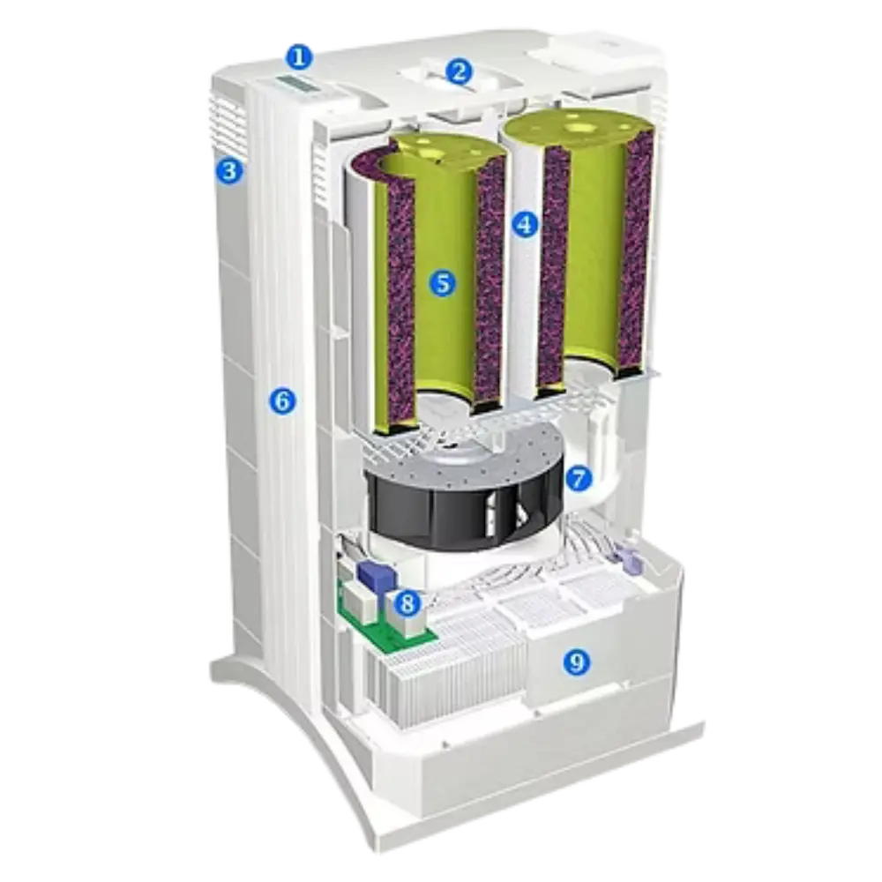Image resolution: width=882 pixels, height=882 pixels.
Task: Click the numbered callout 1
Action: point(299,56)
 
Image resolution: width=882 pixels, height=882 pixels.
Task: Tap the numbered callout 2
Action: point(460,71)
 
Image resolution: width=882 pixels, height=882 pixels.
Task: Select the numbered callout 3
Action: point(229,170)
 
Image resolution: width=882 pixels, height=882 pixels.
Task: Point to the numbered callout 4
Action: point(525,225)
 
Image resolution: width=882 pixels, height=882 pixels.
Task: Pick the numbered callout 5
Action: point(444,283)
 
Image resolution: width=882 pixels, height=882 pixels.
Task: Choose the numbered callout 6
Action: point(282,401)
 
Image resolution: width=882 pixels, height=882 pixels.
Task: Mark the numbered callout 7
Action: point(579,479)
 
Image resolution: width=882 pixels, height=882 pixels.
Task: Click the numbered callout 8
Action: point(407,603)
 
